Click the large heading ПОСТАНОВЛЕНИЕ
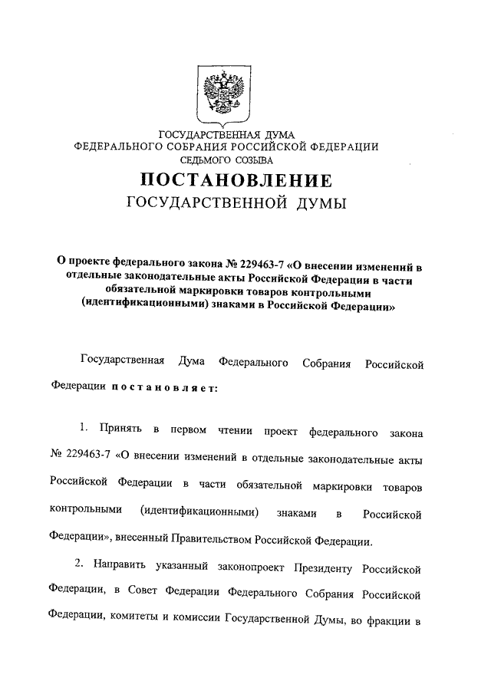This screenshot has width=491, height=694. (236, 181)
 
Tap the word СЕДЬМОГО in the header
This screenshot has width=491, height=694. (206, 160)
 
